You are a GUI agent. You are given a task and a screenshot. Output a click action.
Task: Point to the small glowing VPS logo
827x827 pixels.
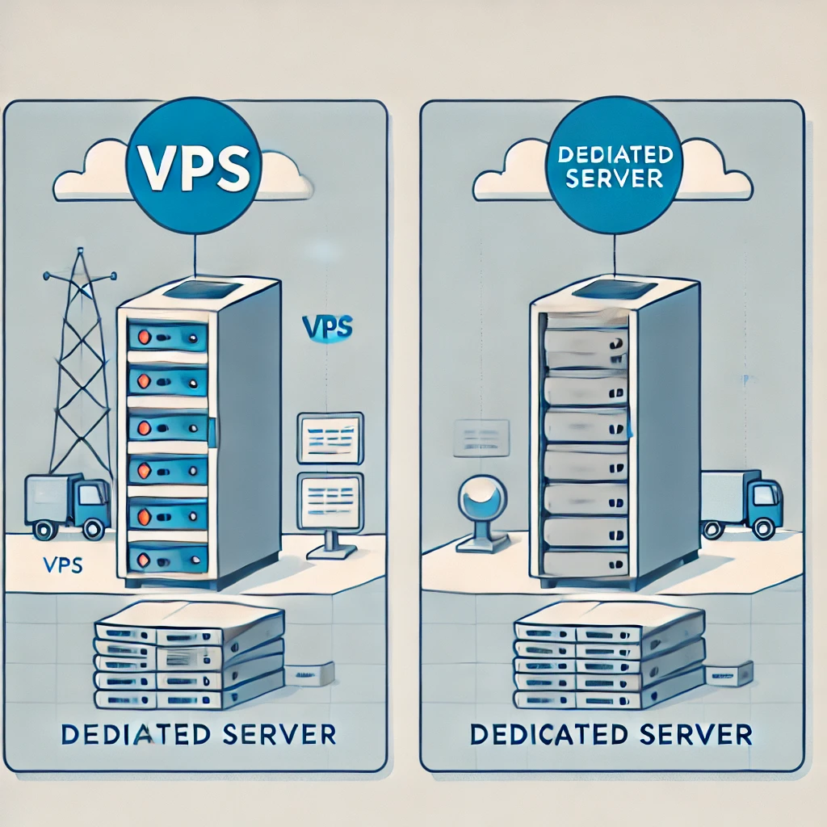pyautogui.click(x=326, y=327)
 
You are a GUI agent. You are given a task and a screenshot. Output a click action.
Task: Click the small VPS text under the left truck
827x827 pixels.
pyautogui.click(x=60, y=565)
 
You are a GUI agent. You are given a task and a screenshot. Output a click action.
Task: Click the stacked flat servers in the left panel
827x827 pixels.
pyautogui.click(x=189, y=657)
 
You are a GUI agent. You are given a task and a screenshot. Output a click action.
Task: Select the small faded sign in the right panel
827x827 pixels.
pyautogui.click(x=481, y=437)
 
